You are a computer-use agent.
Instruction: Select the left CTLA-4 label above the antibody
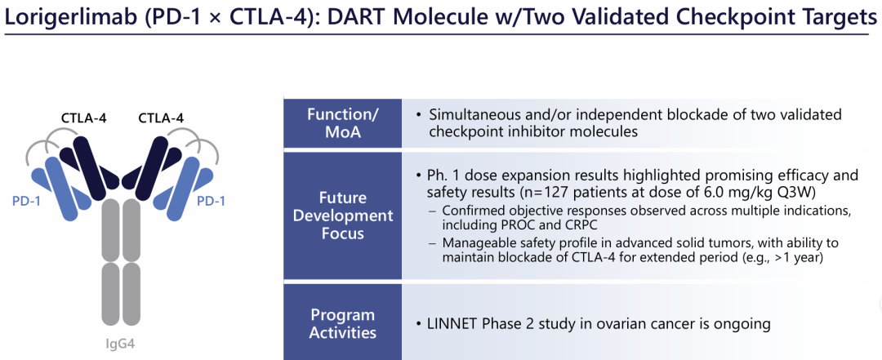pyautogui.click(x=84, y=118)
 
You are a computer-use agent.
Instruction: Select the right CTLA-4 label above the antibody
pyautogui.click(x=161, y=118)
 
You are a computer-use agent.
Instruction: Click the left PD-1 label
pyautogui.click(x=26, y=200)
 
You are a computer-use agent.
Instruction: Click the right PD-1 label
pyautogui.click(x=211, y=200)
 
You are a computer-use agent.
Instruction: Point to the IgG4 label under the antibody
pyautogui.click(x=121, y=344)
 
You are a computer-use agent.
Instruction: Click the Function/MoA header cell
pyautogui.click(x=342, y=123)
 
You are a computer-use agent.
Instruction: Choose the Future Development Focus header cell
pyautogui.click(x=342, y=216)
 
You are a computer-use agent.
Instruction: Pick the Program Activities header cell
pyautogui.click(x=342, y=323)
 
